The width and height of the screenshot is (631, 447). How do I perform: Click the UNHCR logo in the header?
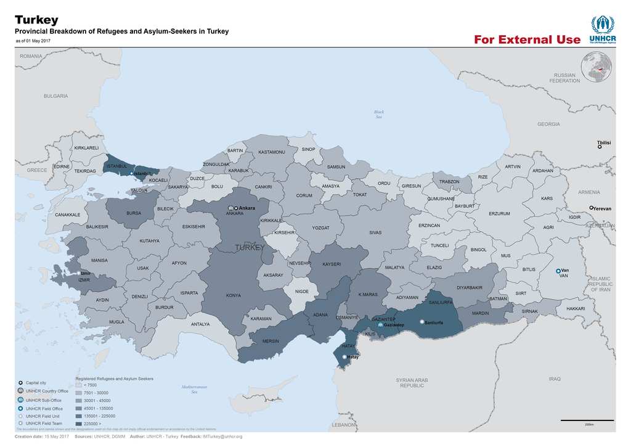(602, 30)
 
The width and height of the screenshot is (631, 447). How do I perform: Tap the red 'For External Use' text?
(527, 40)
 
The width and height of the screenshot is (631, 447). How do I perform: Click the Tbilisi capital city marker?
(600, 147)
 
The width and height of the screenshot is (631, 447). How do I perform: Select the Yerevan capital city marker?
(591, 208)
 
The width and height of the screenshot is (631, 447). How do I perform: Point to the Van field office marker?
(558, 271)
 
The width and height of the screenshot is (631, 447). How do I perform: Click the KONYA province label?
(233, 295)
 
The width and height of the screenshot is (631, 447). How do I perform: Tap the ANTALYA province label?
(200, 324)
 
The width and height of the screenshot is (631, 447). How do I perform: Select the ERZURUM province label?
(499, 214)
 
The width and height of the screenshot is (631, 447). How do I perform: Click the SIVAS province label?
(375, 232)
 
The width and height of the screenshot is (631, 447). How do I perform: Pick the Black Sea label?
(379, 114)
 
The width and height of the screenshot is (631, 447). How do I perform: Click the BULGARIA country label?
(55, 96)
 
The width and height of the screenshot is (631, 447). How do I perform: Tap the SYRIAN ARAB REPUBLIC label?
(412, 383)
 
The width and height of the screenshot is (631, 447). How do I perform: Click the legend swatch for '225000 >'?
(79, 424)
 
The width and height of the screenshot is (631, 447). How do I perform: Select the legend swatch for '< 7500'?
(79, 385)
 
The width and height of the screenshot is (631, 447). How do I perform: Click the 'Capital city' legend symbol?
(21, 383)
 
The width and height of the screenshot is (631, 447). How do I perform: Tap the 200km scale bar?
(588, 420)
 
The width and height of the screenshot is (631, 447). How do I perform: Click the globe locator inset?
(596, 67)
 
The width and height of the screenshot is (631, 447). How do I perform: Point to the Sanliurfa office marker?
(421, 322)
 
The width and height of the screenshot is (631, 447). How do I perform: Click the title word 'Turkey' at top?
(36, 20)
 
